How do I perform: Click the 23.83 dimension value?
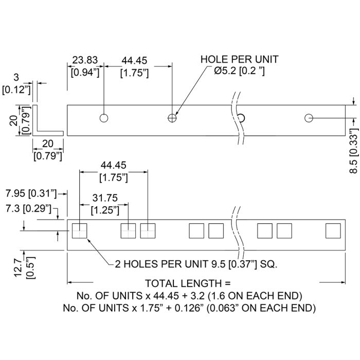[x=84, y=60]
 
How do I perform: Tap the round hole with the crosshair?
[x=172, y=118]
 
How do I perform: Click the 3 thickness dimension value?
[x=16, y=78]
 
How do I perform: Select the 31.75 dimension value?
[x=104, y=198]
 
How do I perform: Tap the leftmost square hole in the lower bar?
[x=80, y=231]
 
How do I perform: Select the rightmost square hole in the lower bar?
[x=333, y=231]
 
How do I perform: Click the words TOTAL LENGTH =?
[x=188, y=283]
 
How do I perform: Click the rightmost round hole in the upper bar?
[x=309, y=118]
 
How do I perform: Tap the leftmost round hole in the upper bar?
[x=104, y=118]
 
